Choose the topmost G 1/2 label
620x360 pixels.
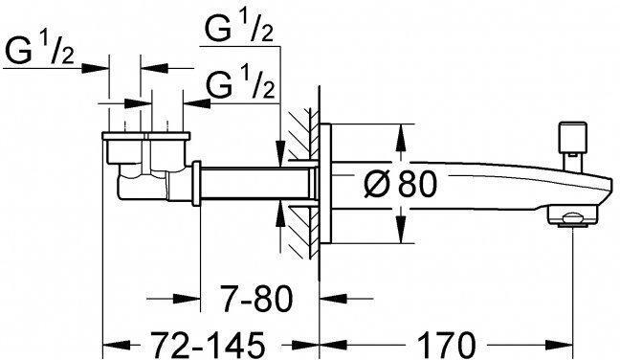coord(239,32)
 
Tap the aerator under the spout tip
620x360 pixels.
coord(570,219)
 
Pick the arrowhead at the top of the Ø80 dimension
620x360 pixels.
coord(395,132)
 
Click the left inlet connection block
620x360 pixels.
coord(124,148)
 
